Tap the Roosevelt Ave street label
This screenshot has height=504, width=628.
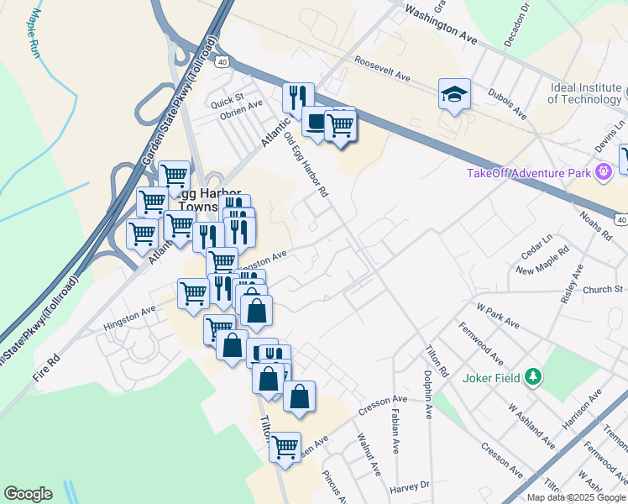(x=382, y=69)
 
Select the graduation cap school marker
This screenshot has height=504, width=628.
(x=453, y=94)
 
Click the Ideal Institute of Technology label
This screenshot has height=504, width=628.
(x=585, y=93)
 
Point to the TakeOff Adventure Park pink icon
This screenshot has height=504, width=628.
(x=602, y=173)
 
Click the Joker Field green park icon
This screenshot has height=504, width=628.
(x=531, y=377)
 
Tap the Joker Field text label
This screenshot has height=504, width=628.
(x=491, y=377)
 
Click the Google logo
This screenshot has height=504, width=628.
(x=28, y=494)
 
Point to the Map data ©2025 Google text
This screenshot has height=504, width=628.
(x=576, y=497)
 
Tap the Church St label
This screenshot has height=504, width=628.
(x=604, y=289)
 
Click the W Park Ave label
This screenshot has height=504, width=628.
(x=499, y=318)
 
